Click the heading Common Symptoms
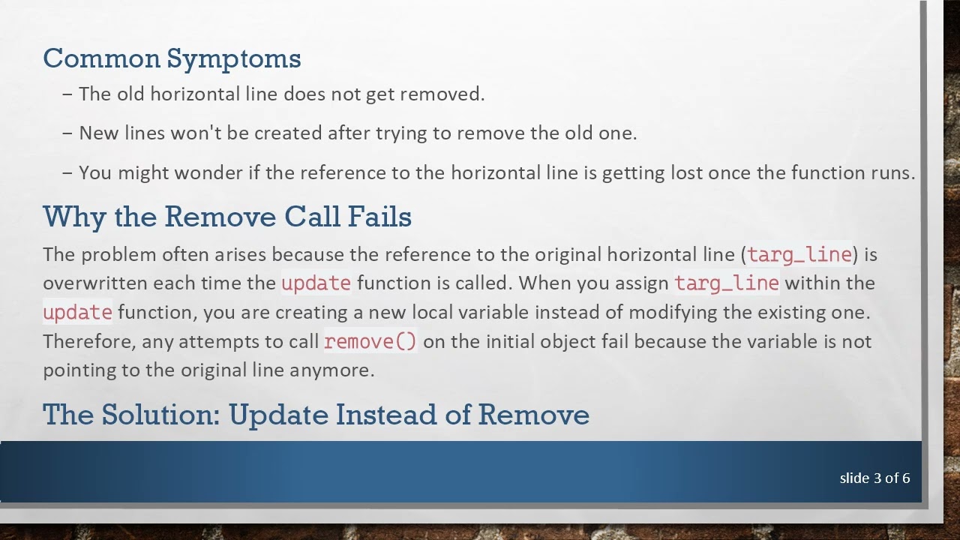(x=172, y=58)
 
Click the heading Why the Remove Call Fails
(x=226, y=217)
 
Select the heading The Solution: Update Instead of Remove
(x=316, y=414)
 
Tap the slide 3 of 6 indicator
(x=874, y=478)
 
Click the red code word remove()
(x=370, y=341)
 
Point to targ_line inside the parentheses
(x=799, y=254)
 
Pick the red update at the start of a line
(x=77, y=312)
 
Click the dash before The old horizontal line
(x=68, y=94)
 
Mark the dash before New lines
(x=68, y=133)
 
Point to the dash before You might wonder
(x=68, y=172)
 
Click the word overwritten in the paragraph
(x=95, y=283)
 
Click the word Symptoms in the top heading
(x=233, y=58)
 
